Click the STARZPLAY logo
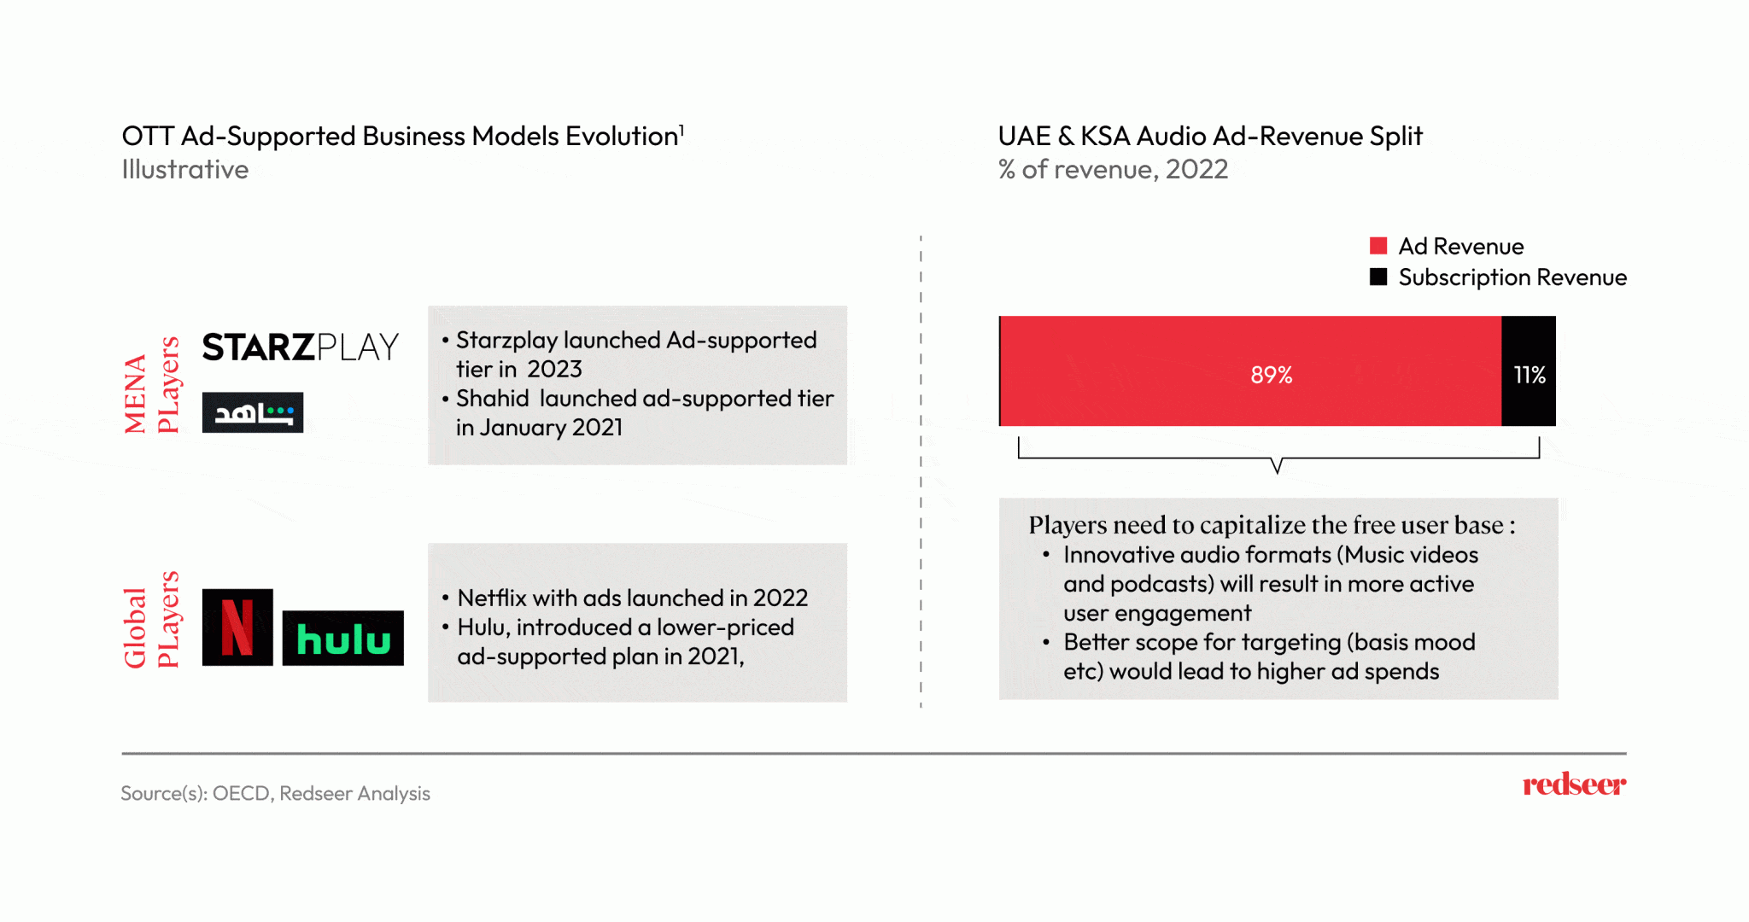pyautogui.click(x=300, y=347)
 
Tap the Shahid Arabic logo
pyautogui.click(x=252, y=412)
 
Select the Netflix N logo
pyautogui.click(x=237, y=627)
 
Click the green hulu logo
pyautogui.click(x=342, y=639)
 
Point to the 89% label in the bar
pyautogui.click(x=1271, y=375)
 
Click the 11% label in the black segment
pyautogui.click(x=1529, y=375)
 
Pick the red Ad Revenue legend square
pyautogui.click(x=1378, y=246)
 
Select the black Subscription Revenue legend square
pyautogui.click(x=1378, y=277)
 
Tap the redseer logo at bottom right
pyautogui.click(x=1574, y=784)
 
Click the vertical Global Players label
pyautogui.click(x=152, y=621)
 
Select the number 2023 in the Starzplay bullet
pyautogui.click(x=554, y=370)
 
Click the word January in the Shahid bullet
pyautogui.click(x=523, y=428)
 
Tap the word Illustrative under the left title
pyautogui.click(x=185, y=170)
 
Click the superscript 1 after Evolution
pyautogui.click(x=681, y=129)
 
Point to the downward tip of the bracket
pyautogui.click(x=1277, y=471)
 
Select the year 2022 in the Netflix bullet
pyautogui.click(x=780, y=598)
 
